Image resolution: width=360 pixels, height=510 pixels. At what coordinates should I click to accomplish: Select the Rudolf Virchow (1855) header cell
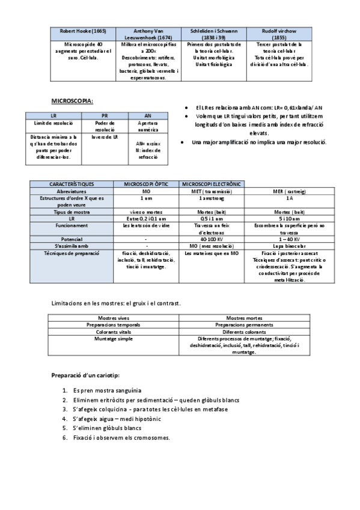coord(278,33)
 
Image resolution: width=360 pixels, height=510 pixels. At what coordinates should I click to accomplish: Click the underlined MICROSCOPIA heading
coord(72,100)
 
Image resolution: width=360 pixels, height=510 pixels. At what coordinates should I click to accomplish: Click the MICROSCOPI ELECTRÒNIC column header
coord(211,183)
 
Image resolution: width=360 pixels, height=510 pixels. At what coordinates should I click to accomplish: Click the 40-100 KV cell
coord(211,238)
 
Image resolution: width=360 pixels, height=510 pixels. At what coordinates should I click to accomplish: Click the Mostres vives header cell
coord(114,318)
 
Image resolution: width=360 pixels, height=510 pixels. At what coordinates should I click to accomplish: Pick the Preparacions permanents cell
coord(243,324)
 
